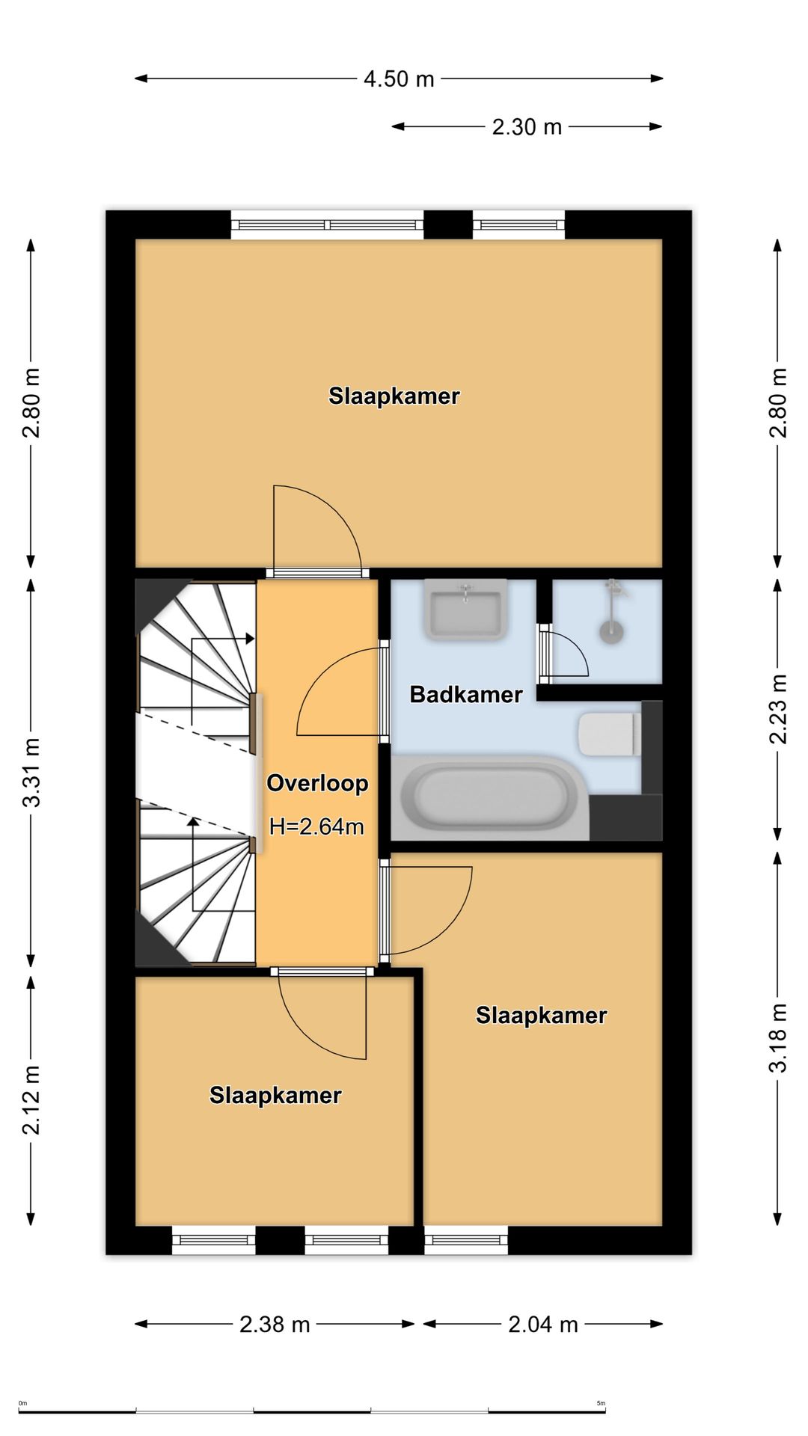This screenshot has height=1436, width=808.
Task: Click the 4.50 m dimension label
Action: (399, 79)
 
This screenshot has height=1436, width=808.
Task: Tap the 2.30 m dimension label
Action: (527, 127)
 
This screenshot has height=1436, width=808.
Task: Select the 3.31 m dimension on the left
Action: (31, 772)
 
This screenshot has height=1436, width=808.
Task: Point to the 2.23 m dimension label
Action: (778, 709)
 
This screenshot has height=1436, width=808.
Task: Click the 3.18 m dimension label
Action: (778, 1038)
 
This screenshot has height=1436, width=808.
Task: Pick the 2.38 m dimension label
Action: (275, 1325)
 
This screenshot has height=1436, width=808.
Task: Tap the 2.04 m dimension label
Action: (543, 1325)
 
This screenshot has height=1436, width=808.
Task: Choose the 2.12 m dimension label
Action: (31, 1100)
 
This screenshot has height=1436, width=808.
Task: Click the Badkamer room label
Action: (466, 694)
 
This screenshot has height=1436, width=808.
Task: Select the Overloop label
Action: (317, 783)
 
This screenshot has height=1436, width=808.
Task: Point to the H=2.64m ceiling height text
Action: (316, 826)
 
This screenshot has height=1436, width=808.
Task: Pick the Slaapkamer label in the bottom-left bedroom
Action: (275, 1095)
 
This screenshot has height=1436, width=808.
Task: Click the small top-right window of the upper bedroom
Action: (518, 224)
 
